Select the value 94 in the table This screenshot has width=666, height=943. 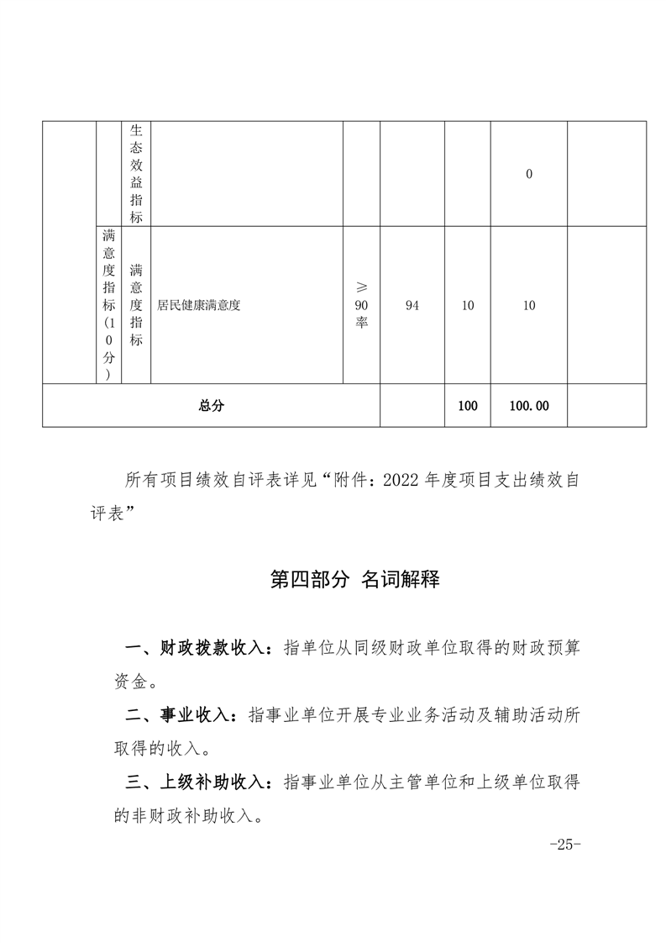[x=412, y=306]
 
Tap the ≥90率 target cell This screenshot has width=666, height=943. [x=361, y=306]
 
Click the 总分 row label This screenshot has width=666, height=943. [x=211, y=405]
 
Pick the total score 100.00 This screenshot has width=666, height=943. [x=529, y=405]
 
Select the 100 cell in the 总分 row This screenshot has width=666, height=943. [x=468, y=405]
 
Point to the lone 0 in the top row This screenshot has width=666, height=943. [x=529, y=174]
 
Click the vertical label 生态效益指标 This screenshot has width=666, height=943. [x=136, y=174]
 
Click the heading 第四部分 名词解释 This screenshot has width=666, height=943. [x=354, y=580]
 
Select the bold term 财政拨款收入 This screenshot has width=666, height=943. [x=210, y=649]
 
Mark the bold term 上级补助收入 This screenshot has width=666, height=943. [x=210, y=782]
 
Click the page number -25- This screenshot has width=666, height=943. [x=564, y=844]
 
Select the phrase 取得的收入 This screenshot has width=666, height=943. [x=155, y=748]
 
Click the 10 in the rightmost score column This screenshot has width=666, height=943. [x=529, y=306]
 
